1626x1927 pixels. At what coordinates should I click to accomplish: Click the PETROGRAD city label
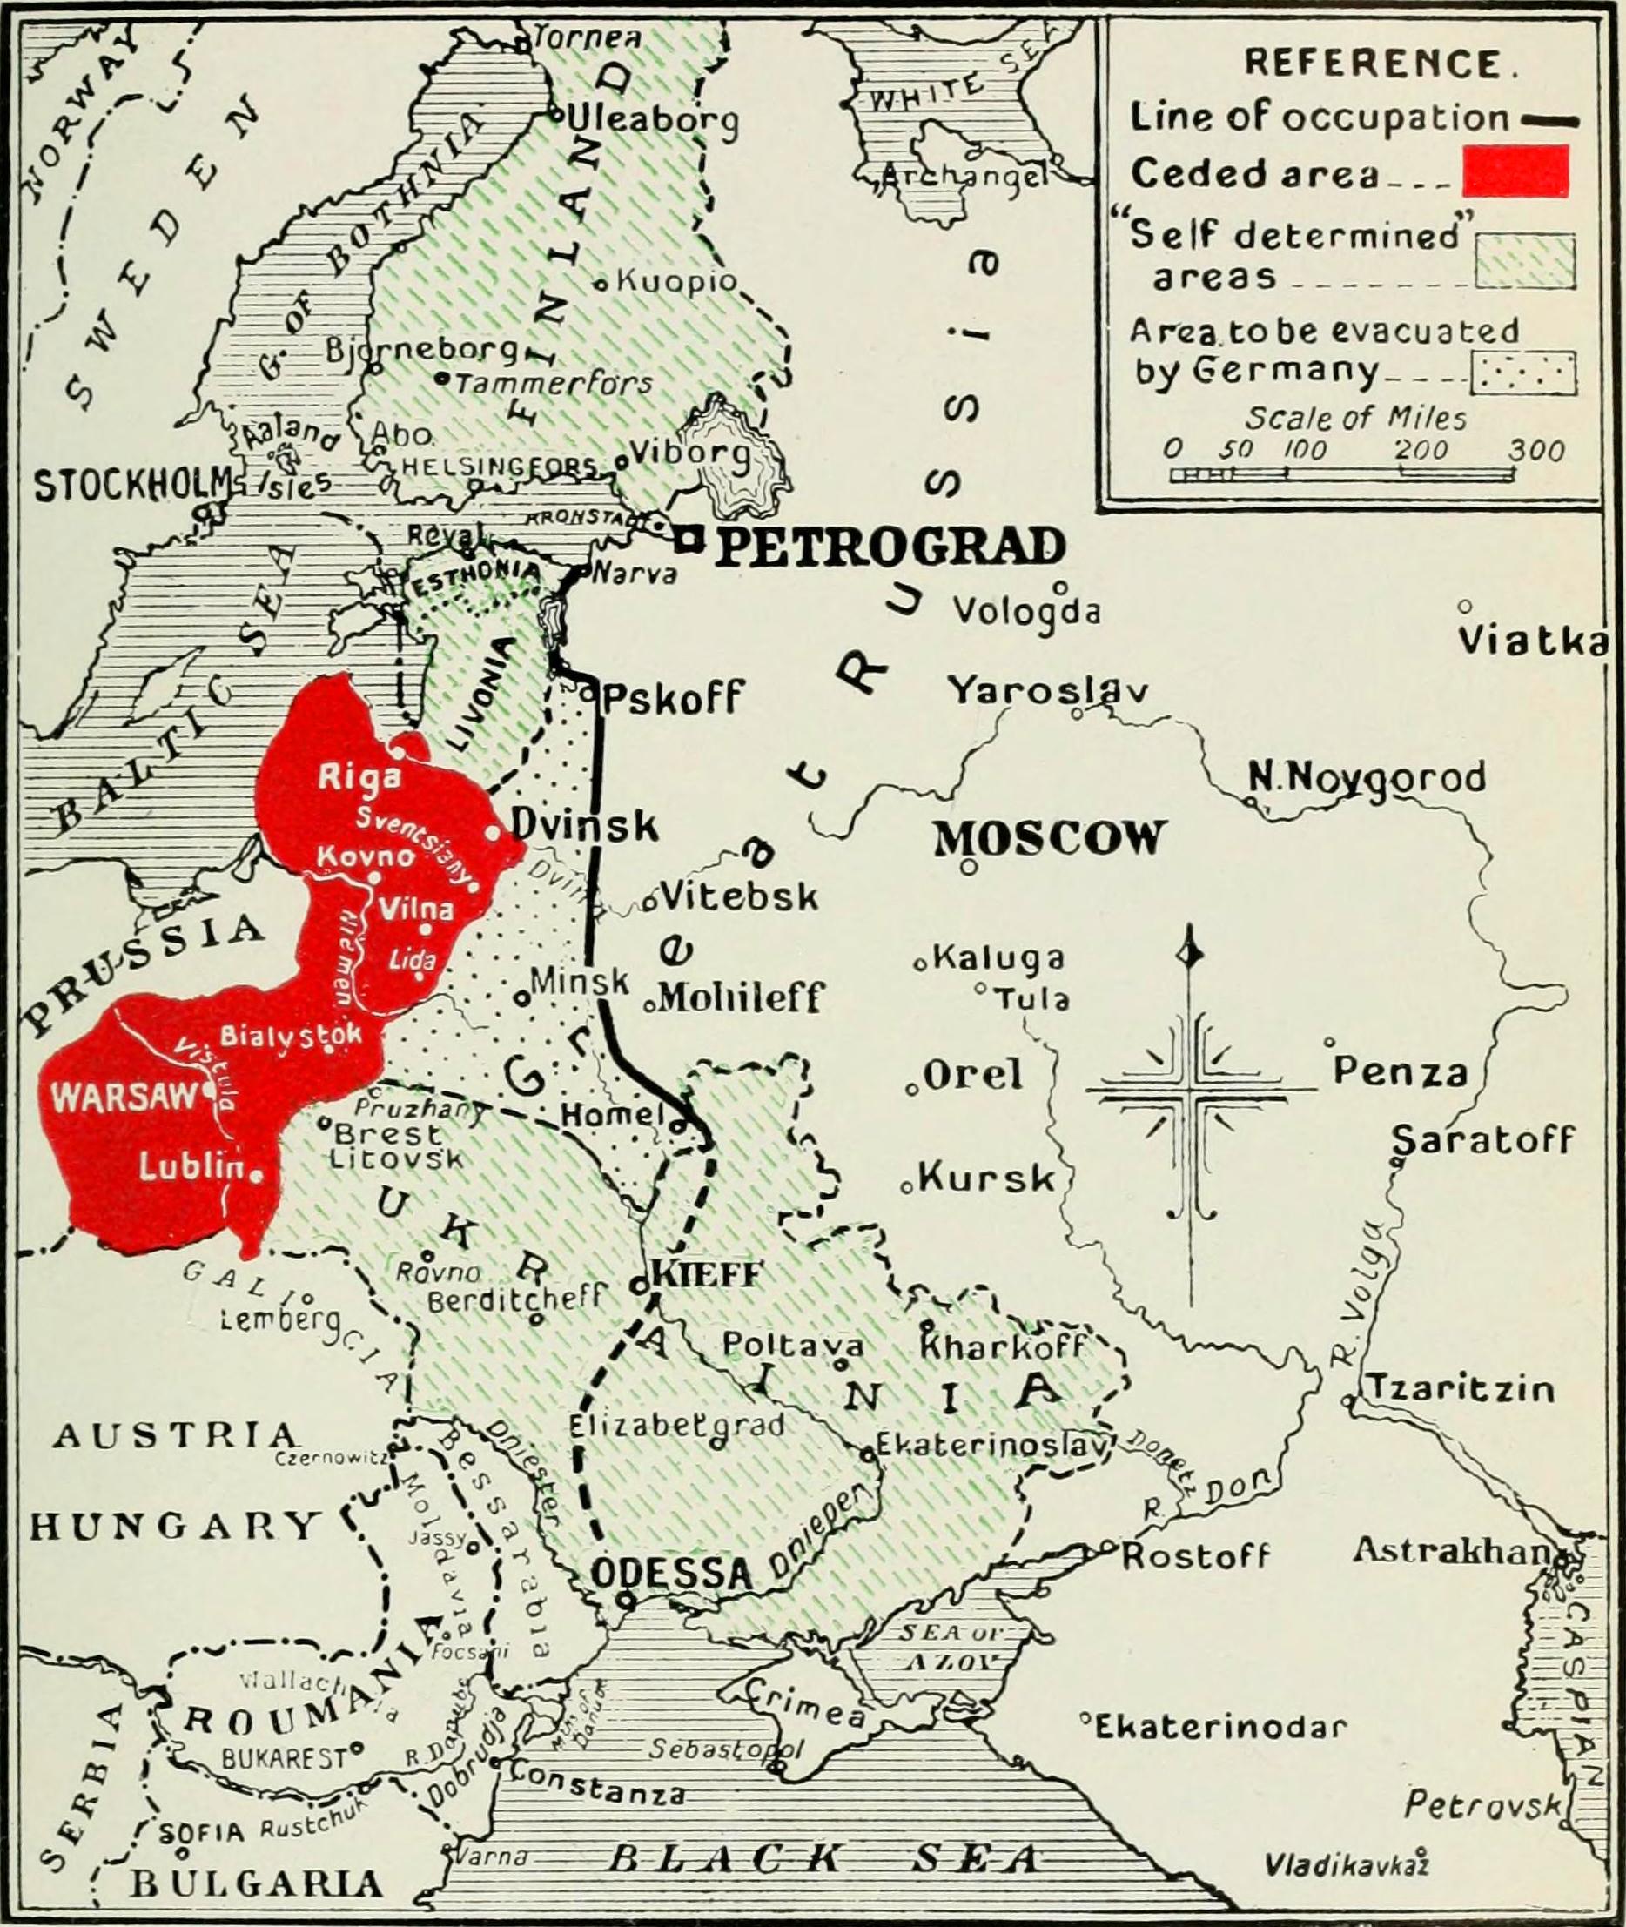pos(890,547)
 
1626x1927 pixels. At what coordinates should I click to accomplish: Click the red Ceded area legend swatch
pos(1515,171)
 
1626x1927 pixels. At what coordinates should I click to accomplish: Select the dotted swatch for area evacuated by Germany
pos(1522,373)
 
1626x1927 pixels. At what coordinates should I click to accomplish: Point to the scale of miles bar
pos(1341,474)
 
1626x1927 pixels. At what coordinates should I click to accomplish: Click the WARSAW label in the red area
pos(124,1097)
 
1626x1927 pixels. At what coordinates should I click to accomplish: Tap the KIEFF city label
pos(707,1274)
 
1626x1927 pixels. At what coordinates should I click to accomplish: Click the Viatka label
pos(1533,641)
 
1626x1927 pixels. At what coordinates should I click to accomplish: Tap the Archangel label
pos(965,175)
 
